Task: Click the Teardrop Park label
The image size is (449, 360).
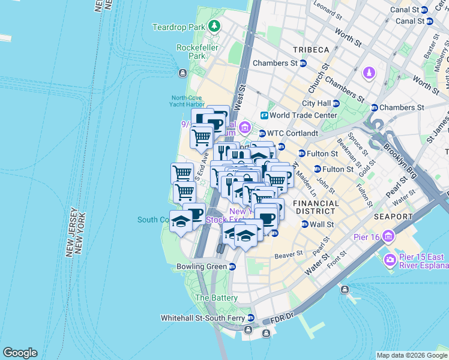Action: click(178, 27)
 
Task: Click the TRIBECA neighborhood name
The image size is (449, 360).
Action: click(310, 49)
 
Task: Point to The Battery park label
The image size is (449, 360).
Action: click(216, 298)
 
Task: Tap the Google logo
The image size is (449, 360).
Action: click(20, 353)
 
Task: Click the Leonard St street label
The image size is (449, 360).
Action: click(327, 10)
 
